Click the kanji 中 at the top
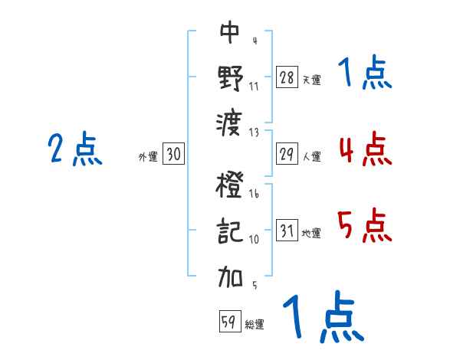tap(230, 33)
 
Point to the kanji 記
tap(230, 231)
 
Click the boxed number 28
tap(287, 77)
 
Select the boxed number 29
tap(287, 154)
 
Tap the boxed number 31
tap(287, 231)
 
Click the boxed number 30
tap(173, 155)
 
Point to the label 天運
tap(311, 80)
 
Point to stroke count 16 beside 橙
tap(254, 195)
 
